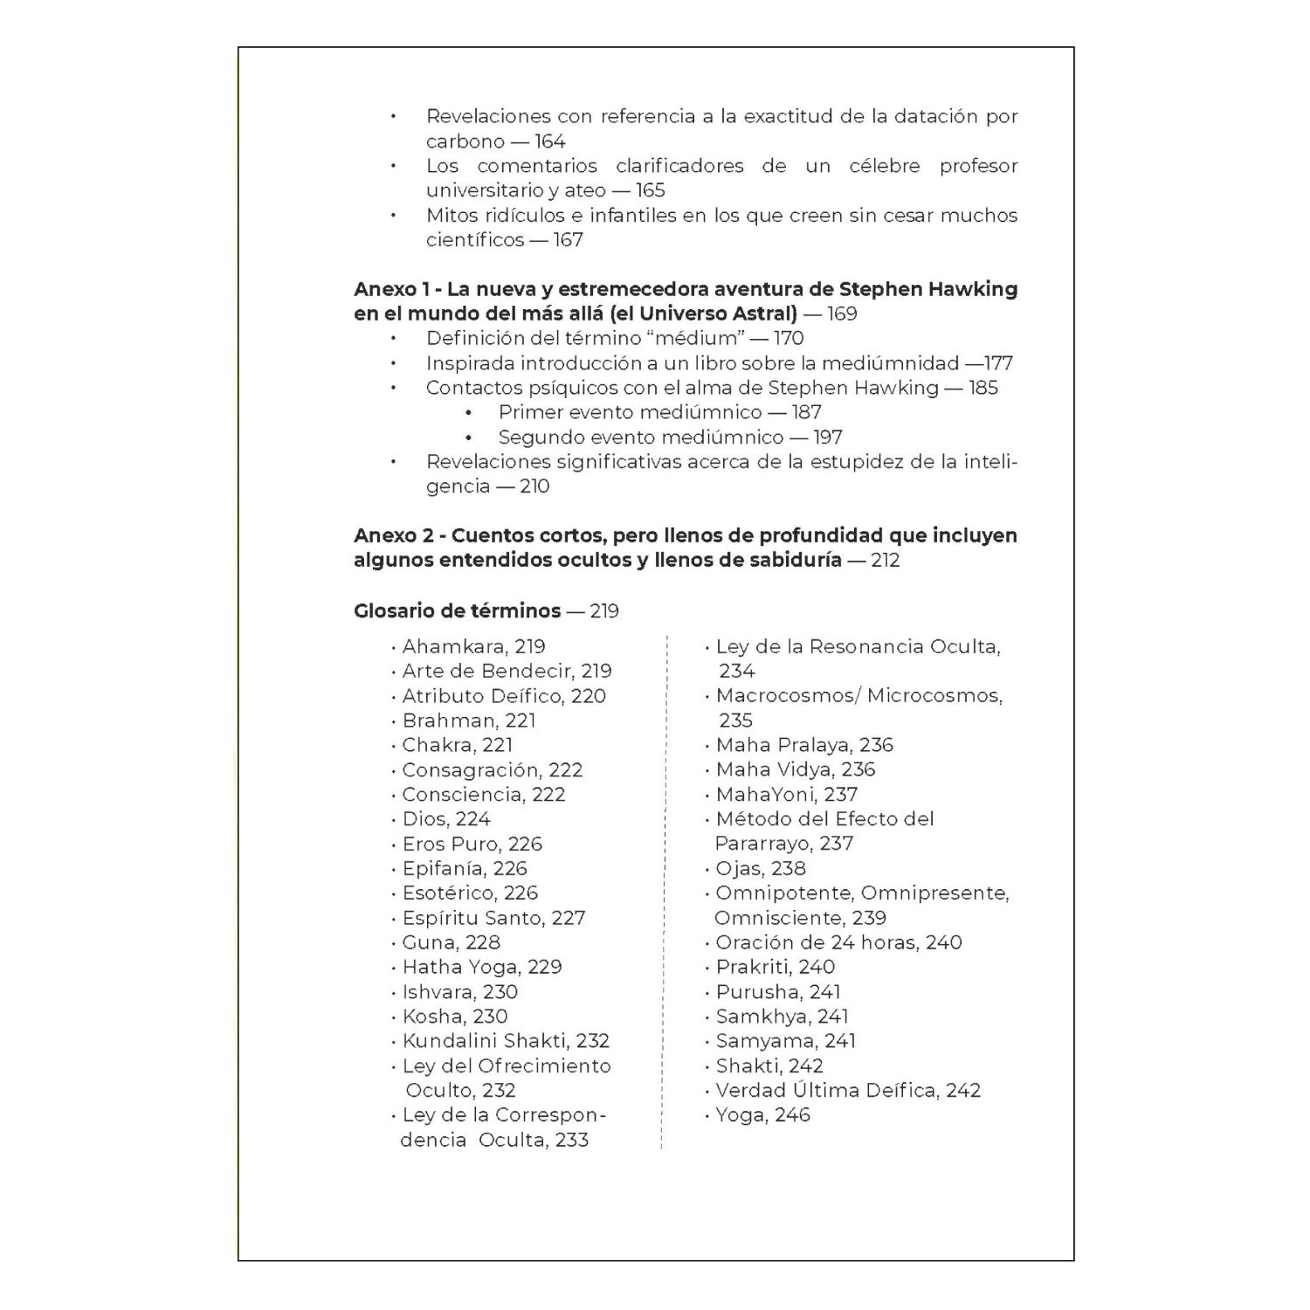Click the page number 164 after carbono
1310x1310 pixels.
pos(550,141)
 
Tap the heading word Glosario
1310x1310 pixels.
pos(390,610)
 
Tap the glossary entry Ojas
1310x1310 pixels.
pos(739,868)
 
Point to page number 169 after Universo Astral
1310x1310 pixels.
pos(842,314)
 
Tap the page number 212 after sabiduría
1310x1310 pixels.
pos(885,561)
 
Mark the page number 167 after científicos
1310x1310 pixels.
pos(568,240)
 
